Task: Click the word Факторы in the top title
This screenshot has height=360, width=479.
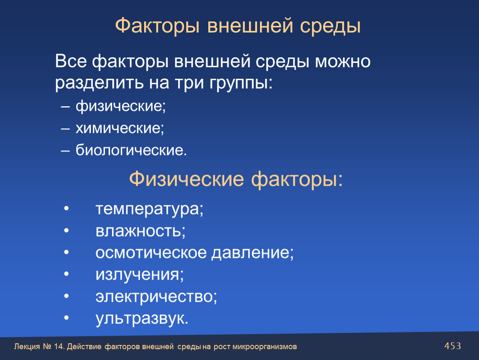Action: [157, 26]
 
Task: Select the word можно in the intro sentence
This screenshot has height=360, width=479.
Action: [342, 61]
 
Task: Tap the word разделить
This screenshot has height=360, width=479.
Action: [99, 83]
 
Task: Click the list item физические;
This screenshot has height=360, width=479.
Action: [121, 107]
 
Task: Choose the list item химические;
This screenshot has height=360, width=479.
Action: [120, 128]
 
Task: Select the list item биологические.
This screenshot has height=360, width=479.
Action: [131, 150]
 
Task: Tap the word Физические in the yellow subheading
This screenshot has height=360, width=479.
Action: [186, 179]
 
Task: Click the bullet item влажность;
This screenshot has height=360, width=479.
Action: [140, 231]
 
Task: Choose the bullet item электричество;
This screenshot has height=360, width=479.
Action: [156, 296]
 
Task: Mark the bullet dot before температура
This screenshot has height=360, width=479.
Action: [67, 209]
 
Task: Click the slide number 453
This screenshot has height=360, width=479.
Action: [452, 346]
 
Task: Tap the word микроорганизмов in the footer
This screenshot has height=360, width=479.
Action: [264, 347]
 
